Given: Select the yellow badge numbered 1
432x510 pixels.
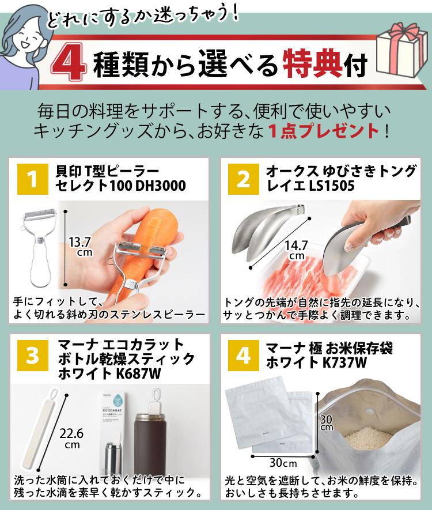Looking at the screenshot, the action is [x=32, y=179].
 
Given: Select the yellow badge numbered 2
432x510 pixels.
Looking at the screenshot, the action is [x=244, y=179].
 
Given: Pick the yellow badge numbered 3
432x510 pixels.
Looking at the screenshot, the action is [x=32, y=355].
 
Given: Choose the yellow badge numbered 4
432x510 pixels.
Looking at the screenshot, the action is [x=244, y=355].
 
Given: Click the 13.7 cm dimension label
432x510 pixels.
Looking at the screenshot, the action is [x=80, y=247].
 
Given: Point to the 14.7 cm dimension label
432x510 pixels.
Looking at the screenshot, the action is [x=296, y=251].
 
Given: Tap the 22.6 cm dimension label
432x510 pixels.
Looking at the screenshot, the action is [x=71, y=439].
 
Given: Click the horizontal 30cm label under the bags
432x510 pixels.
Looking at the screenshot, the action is [x=283, y=462].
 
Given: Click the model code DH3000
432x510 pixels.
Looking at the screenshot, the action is [x=161, y=186].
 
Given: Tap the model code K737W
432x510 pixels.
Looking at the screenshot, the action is [x=345, y=362].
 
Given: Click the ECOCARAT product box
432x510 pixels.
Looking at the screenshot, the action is [x=115, y=420].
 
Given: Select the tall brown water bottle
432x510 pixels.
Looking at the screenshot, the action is [x=150, y=446].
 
